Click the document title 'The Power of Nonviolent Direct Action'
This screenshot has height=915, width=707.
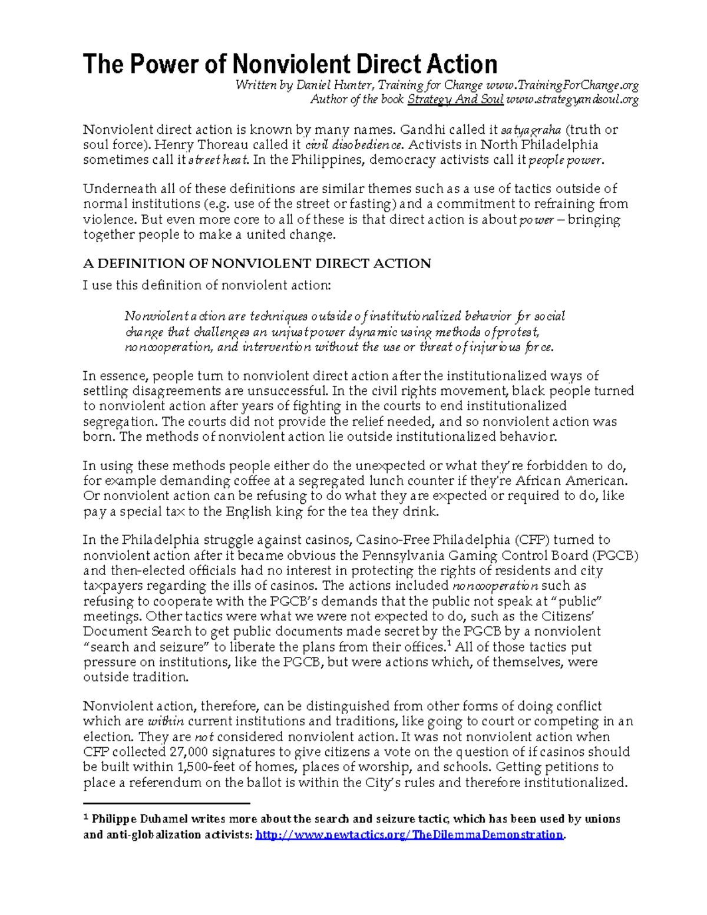290,64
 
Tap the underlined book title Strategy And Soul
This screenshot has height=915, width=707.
455,100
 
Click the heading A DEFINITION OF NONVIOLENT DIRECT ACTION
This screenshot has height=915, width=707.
257,263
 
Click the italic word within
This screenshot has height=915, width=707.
166,721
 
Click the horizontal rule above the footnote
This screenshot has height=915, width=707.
167,803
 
